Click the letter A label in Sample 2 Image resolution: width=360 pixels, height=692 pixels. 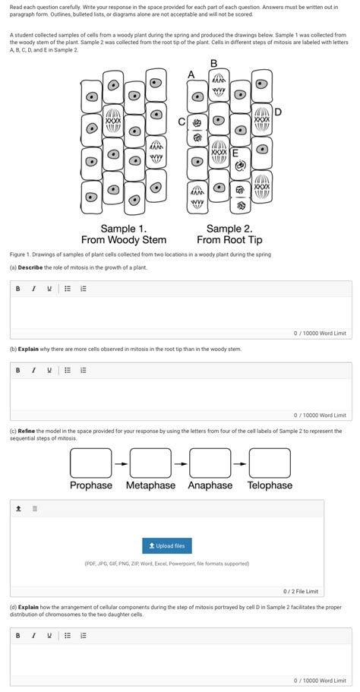click(191, 74)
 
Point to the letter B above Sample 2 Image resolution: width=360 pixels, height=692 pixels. click(213, 63)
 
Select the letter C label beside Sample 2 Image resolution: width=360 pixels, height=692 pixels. click(181, 122)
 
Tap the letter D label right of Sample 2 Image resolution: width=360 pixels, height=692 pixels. click(278, 112)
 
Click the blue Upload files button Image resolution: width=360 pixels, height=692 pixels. click(166, 545)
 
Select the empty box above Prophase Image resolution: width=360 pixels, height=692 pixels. click(90, 462)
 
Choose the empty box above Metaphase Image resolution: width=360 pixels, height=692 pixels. click(150, 462)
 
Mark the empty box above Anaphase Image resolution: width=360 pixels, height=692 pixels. click(210, 462)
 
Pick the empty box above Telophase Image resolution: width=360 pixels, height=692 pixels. click(270, 462)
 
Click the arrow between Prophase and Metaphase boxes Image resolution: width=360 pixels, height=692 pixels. click(120, 462)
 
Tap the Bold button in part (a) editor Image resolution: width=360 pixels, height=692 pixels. click(17, 289)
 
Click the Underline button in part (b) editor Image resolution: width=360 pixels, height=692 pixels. click(49, 370)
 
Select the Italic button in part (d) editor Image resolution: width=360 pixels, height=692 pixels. click(33, 635)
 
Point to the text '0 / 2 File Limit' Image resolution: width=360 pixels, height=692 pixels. click(300, 591)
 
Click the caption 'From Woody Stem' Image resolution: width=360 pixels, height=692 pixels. click(124, 240)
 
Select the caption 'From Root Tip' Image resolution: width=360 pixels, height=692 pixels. click(229, 240)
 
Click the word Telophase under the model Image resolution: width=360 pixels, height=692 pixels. click(270, 485)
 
